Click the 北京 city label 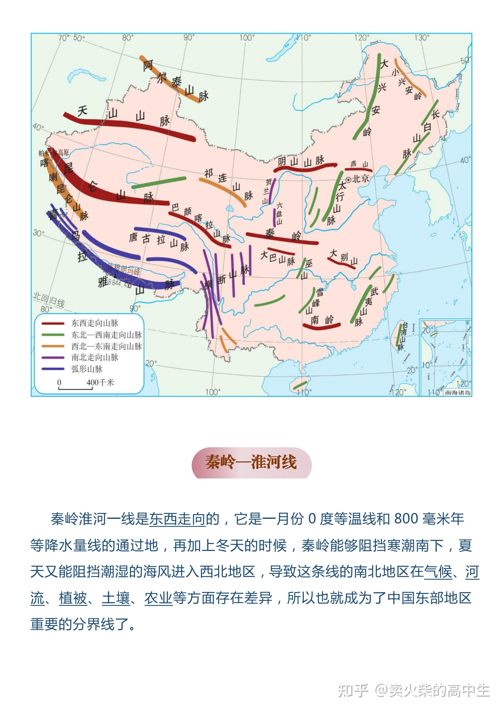click(x=361, y=179)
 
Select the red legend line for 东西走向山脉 click(x=53, y=323)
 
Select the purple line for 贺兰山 click(x=272, y=190)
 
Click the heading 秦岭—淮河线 click(x=251, y=462)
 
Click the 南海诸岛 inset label click(x=458, y=392)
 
